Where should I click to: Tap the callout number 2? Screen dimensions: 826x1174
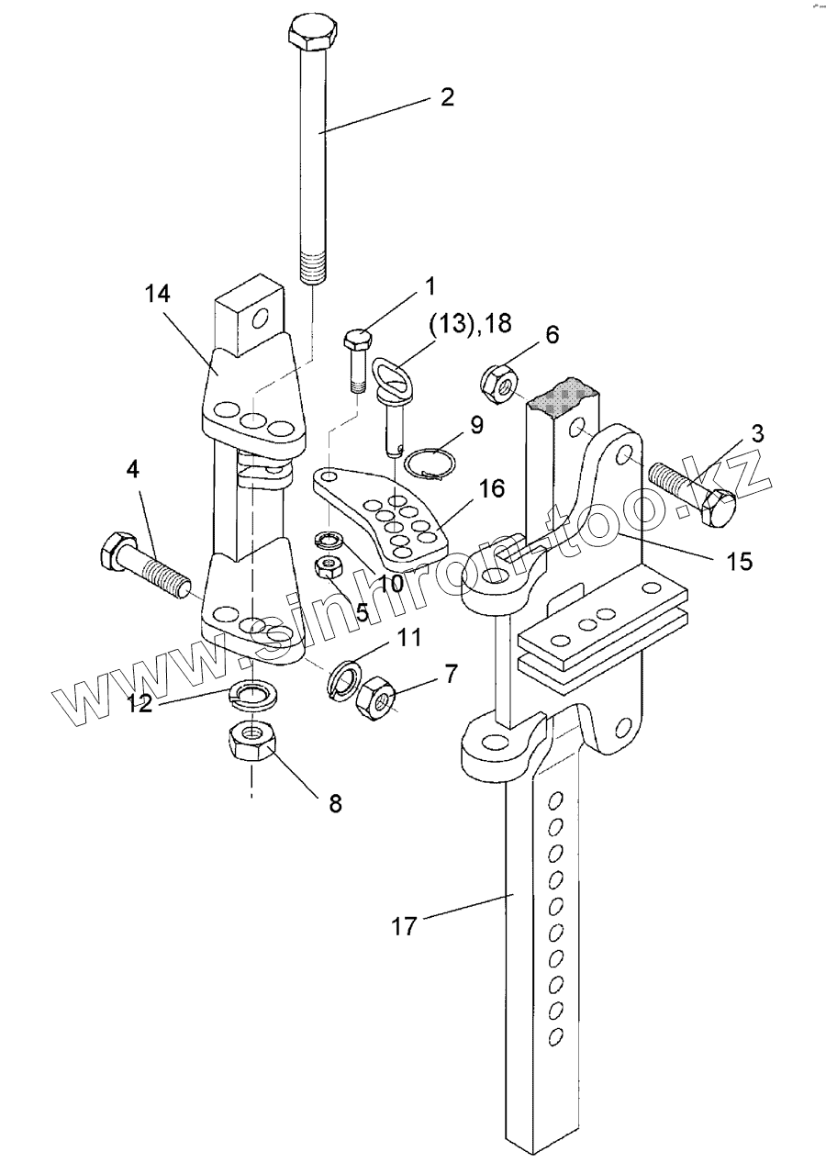click(447, 97)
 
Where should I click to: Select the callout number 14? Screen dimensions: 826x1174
click(158, 294)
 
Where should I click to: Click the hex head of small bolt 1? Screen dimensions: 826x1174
click(358, 340)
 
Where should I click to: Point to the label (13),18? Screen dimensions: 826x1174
click(470, 323)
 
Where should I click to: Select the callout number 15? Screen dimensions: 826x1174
click(739, 562)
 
